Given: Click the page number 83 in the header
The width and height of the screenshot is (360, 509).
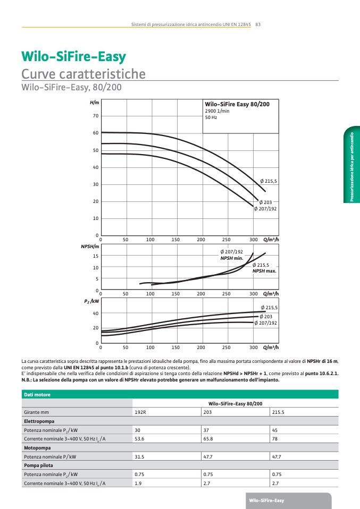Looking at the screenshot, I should (257, 24).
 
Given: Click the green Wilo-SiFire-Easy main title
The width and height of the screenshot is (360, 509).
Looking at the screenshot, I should (73, 57).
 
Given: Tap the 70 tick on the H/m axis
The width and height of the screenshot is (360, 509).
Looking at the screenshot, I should (96, 116).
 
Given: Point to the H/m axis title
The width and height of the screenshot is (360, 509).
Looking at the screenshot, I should (95, 103).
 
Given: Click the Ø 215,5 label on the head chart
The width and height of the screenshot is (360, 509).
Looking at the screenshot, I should (268, 181).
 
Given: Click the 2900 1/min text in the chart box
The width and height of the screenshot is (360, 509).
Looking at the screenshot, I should (217, 111).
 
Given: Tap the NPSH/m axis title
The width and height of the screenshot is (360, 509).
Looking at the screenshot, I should (90, 247).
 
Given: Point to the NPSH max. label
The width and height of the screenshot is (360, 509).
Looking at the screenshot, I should (264, 271).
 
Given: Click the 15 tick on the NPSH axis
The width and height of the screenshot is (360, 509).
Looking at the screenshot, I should (96, 256).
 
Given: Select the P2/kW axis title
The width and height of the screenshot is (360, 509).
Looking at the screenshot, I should (92, 301).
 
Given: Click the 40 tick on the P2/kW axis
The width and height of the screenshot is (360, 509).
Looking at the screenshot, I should (96, 313).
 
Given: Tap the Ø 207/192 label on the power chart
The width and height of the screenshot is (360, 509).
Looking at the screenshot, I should (265, 323).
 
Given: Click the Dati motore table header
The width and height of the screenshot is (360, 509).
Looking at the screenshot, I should (36, 394).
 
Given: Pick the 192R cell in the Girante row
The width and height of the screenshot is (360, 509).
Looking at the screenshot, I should (140, 412).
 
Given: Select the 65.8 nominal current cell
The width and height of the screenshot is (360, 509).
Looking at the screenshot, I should (208, 439).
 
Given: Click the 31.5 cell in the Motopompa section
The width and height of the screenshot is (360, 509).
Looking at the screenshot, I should (140, 456).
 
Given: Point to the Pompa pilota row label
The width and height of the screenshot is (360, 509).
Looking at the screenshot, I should (39, 465).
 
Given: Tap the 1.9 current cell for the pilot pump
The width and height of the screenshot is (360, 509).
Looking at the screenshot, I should (138, 483).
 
